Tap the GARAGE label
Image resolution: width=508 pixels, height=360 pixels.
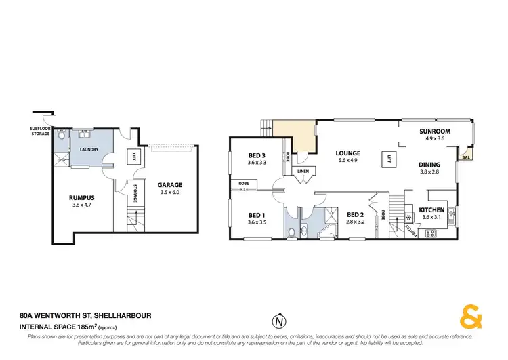[169, 184]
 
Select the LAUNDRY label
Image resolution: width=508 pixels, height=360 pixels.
[89, 149]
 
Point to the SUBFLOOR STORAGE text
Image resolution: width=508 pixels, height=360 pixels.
[39, 132]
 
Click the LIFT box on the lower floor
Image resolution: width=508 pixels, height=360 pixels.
[134, 157]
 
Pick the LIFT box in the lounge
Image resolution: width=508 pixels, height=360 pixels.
[389, 160]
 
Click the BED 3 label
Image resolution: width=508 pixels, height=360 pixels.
[256, 155]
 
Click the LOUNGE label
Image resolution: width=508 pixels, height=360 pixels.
[347, 153]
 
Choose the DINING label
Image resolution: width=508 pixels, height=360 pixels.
[429, 165]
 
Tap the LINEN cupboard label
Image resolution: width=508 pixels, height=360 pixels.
[302, 172]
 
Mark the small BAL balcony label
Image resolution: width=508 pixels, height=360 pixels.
[465, 158]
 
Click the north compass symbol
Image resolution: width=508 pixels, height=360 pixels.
[277, 321]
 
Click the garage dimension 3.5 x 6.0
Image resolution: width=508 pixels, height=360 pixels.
[169, 193]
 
